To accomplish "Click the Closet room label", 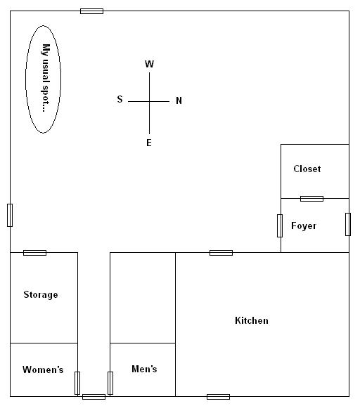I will pyautogui.click(x=307, y=169).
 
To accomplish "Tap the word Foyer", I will pyautogui.click(x=304, y=226).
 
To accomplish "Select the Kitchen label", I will pyautogui.click(x=251, y=321).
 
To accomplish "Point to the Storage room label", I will pyautogui.click(x=41, y=295).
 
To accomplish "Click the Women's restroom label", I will pyautogui.click(x=43, y=370).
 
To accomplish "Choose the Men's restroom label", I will pyautogui.click(x=144, y=369).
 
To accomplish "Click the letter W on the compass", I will pyautogui.click(x=149, y=65).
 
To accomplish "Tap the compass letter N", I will pyautogui.click(x=179, y=101).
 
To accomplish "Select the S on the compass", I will pyautogui.click(x=120, y=100).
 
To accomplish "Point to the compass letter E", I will pyautogui.click(x=149, y=143).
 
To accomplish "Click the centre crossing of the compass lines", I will pyautogui.click(x=149, y=101).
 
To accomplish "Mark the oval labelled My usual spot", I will pyautogui.click(x=44, y=78).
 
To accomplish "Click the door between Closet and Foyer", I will pyautogui.click(x=311, y=199).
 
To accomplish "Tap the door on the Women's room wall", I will pyautogui.click(x=77, y=383).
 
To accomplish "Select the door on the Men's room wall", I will pyautogui.click(x=110, y=383).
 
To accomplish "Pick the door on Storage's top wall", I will pyautogui.click(x=34, y=253).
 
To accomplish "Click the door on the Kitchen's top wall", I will pyautogui.click(x=221, y=253).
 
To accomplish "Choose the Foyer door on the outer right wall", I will pyautogui.click(x=348, y=224).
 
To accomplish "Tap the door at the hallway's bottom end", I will pyautogui.click(x=94, y=397).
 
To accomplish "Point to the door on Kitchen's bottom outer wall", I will pyautogui.click(x=218, y=397).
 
